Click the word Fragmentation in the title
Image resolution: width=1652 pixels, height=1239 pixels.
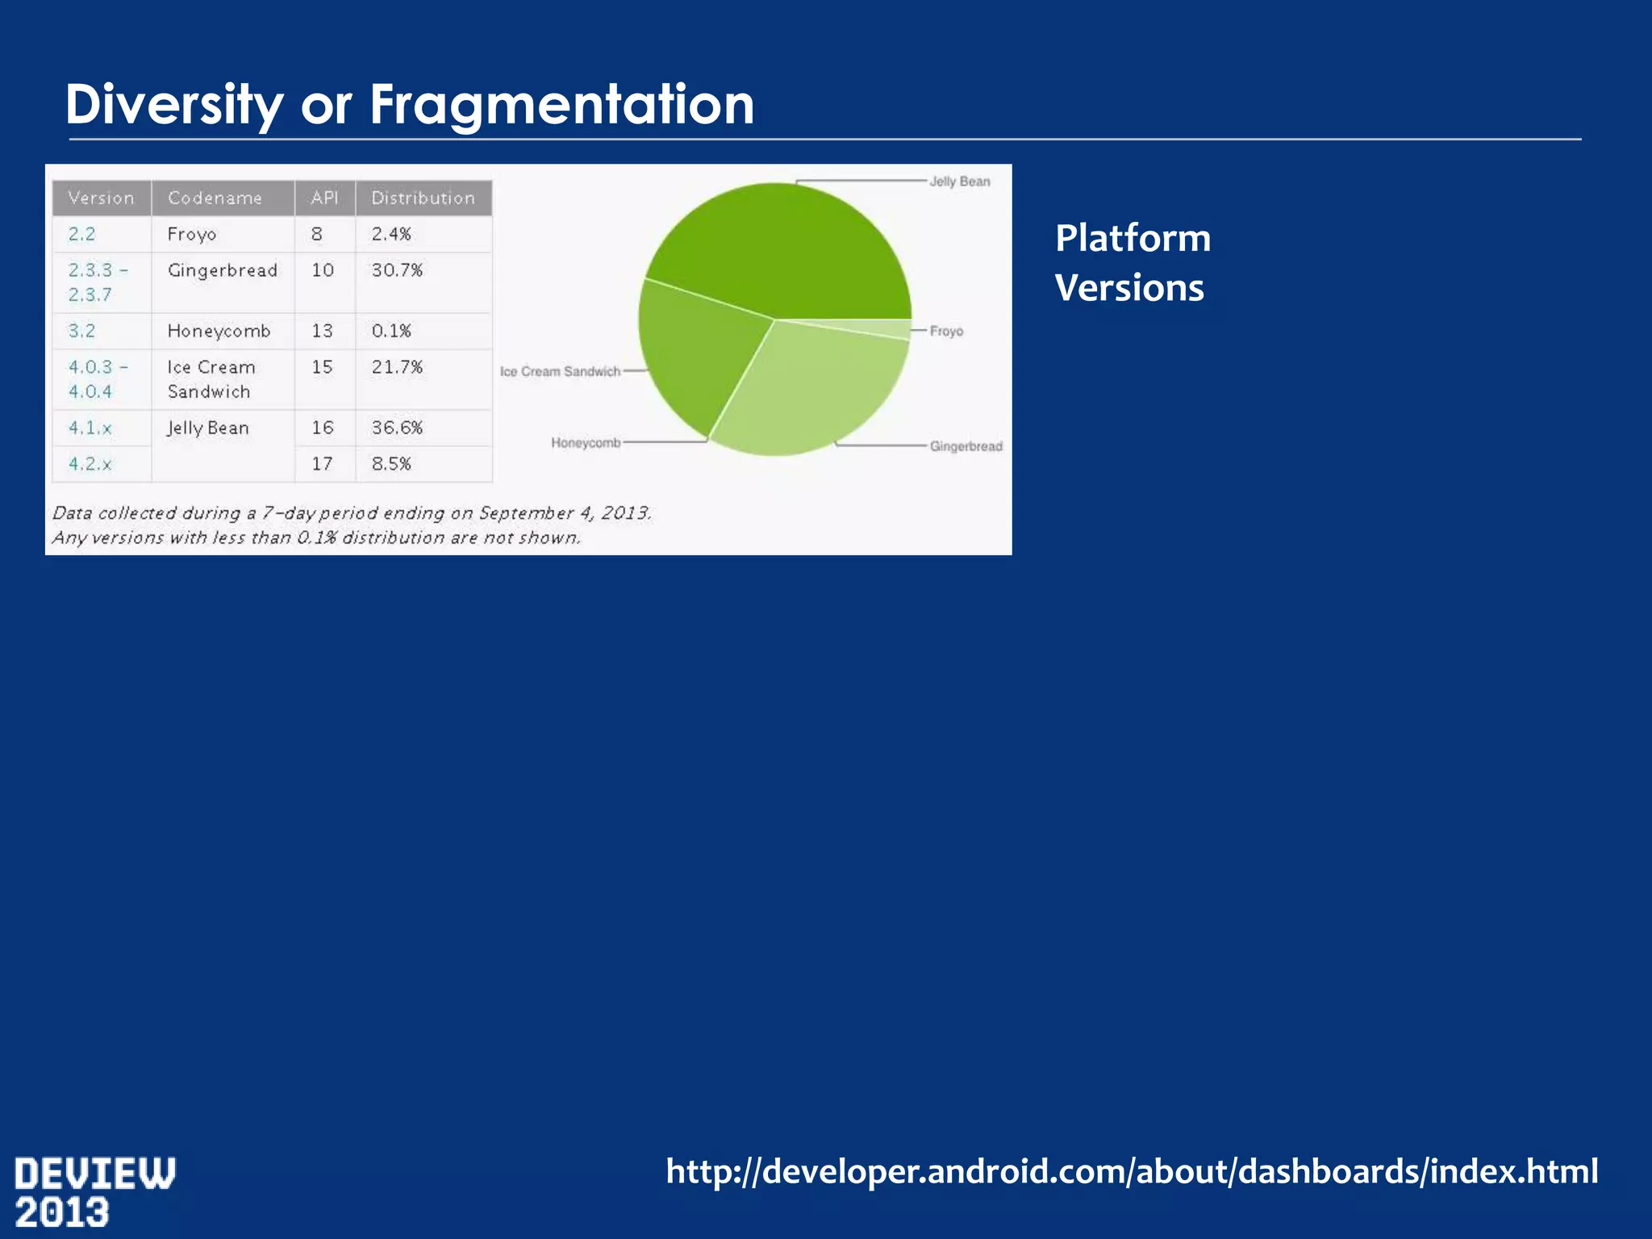click(561, 105)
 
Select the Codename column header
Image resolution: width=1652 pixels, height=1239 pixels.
click(215, 198)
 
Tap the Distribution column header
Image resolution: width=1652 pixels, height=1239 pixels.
click(423, 198)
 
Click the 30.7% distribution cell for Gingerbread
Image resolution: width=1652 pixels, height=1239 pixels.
click(397, 270)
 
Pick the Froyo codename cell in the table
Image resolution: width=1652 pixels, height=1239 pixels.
click(192, 235)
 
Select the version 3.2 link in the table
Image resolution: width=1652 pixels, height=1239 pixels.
click(81, 331)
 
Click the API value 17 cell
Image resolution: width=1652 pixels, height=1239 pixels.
click(322, 464)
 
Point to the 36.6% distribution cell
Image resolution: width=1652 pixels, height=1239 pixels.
click(397, 428)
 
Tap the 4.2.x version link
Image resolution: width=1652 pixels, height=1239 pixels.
click(90, 464)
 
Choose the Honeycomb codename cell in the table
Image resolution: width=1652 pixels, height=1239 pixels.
click(219, 331)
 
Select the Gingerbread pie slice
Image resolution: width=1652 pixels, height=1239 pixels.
click(815, 387)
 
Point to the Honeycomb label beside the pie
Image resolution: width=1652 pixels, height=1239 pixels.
click(586, 443)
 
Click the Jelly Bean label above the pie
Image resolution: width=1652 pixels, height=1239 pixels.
click(959, 181)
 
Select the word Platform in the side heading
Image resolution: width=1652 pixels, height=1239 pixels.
click(1133, 239)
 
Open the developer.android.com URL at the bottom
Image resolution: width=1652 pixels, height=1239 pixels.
click(1132, 1171)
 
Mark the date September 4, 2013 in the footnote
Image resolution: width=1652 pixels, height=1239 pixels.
click(564, 513)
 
